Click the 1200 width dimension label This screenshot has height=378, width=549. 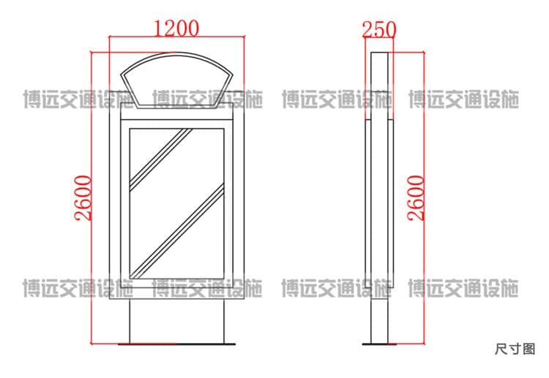[176, 29]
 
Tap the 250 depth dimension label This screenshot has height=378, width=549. [379, 29]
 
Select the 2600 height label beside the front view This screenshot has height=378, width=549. [83, 198]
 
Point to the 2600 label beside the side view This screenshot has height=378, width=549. [416, 198]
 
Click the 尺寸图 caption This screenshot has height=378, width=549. [515, 349]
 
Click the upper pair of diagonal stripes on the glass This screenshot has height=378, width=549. [161, 159]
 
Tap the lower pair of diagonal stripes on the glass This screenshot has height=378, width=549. [177, 231]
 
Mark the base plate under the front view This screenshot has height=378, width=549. [176, 344]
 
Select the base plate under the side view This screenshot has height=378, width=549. [379, 344]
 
